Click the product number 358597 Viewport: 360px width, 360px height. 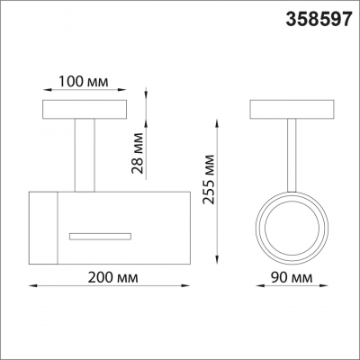[319, 20]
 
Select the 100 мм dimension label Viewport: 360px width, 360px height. [83, 81]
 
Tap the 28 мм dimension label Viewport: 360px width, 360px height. [137, 153]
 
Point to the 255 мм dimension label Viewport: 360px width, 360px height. [208, 179]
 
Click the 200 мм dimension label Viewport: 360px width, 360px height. [112, 277]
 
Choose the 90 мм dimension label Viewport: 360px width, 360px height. [292, 278]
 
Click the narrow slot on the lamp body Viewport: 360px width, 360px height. [100, 236]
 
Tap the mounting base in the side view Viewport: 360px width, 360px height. [85, 109]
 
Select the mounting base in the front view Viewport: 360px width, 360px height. [292, 109]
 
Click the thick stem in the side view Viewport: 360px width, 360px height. [85, 155]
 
